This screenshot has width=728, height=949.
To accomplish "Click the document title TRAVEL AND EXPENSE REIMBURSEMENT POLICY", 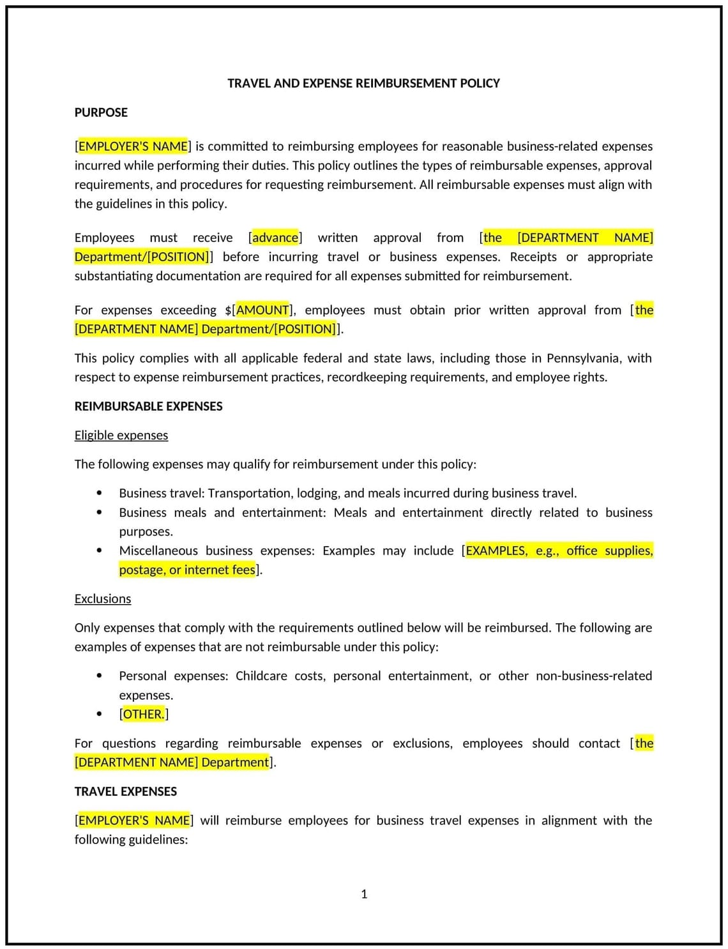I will [x=363, y=83].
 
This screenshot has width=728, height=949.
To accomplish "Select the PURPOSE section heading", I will [x=101, y=112].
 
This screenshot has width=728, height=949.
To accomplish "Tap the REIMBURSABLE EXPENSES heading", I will [x=148, y=406].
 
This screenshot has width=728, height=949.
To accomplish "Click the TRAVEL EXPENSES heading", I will [x=125, y=791].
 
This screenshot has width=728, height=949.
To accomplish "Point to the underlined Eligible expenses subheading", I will [x=121, y=435].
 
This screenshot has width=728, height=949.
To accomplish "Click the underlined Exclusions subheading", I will [x=102, y=598].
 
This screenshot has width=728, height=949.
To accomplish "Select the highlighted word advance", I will [x=275, y=238].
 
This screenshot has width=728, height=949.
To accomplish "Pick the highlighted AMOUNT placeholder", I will [x=262, y=310].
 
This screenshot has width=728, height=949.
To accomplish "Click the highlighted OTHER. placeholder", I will [x=144, y=714].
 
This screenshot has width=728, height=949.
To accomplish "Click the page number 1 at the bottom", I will [x=364, y=894].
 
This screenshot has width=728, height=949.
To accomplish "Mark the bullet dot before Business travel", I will [x=99, y=493].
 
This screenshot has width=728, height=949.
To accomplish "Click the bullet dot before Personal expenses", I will [x=99, y=676].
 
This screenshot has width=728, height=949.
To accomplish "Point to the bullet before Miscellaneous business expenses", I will [x=99, y=550].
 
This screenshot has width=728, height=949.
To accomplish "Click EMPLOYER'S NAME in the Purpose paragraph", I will [x=133, y=146].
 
